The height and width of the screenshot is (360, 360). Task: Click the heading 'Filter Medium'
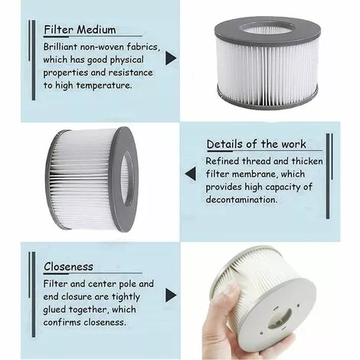[80, 30]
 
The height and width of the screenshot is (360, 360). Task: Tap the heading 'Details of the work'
[256, 144]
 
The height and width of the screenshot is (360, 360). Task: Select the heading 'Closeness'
[68, 267]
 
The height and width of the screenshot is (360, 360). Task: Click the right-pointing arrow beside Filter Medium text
[171, 57]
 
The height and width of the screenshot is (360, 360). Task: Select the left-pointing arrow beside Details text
[190, 174]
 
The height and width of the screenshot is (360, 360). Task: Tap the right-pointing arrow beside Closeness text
[171, 295]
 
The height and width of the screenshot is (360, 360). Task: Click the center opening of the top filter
[267, 29]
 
